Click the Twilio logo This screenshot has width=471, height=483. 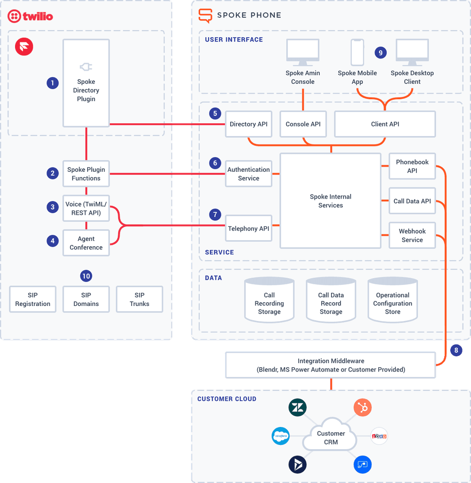(x=30, y=16)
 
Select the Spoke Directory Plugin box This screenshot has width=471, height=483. (x=86, y=83)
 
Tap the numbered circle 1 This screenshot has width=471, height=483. (x=53, y=83)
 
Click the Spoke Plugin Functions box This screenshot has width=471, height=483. (x=86, y=174)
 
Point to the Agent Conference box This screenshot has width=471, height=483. (x=86, y=243)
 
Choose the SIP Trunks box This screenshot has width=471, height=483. (x=139, y=299)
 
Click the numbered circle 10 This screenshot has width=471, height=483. (x=86, y=276)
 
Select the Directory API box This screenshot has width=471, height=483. (x=249, y=124)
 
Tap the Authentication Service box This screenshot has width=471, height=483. (x=249, y=174)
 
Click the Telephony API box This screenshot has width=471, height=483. (x=249, y=228)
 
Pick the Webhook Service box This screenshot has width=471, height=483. (x=412, y=235)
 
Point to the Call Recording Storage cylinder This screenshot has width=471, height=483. (x=269, y=301)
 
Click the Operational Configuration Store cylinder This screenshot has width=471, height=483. (x=392, y=301)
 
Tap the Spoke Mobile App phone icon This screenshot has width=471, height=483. (x=357, y=52)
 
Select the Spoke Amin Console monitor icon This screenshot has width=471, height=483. (x=303, y=53)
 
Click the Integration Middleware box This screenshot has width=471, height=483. (x=331, y=365)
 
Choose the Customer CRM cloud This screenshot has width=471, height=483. (x=331, y=437)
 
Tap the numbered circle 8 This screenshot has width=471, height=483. (x=455, y=350)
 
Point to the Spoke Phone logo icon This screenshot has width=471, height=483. (x=205, y=15)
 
